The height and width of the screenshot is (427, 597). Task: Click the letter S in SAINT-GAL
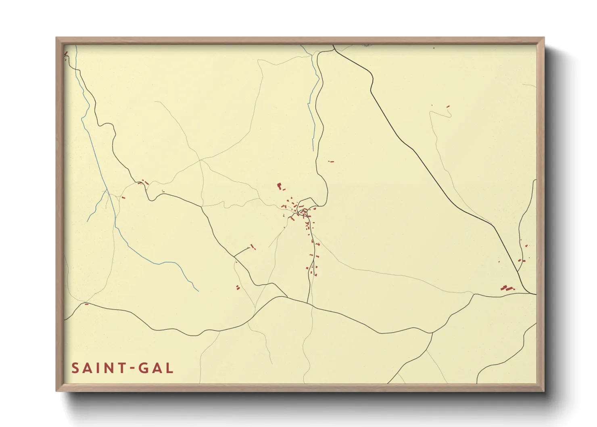tap(75, 368)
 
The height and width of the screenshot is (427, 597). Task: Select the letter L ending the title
tap(169, 368)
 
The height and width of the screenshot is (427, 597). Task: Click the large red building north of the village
tap(279, 186)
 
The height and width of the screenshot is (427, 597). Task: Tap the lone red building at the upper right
tap(448, 107)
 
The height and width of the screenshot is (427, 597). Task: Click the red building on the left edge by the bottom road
tap(86, 304)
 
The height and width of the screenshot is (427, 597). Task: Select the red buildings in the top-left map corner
tap(65, 53)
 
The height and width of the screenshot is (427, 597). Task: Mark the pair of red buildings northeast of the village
tap(331, 161)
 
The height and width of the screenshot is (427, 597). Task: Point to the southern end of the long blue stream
tap(198, 291)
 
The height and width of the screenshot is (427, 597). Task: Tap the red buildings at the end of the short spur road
tap(253, 246)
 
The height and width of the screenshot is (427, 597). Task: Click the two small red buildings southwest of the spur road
tap(238, 287)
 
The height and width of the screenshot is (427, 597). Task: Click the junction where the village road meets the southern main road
tap(308, 303)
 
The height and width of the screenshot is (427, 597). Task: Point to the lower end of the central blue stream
tap(313, 150)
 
